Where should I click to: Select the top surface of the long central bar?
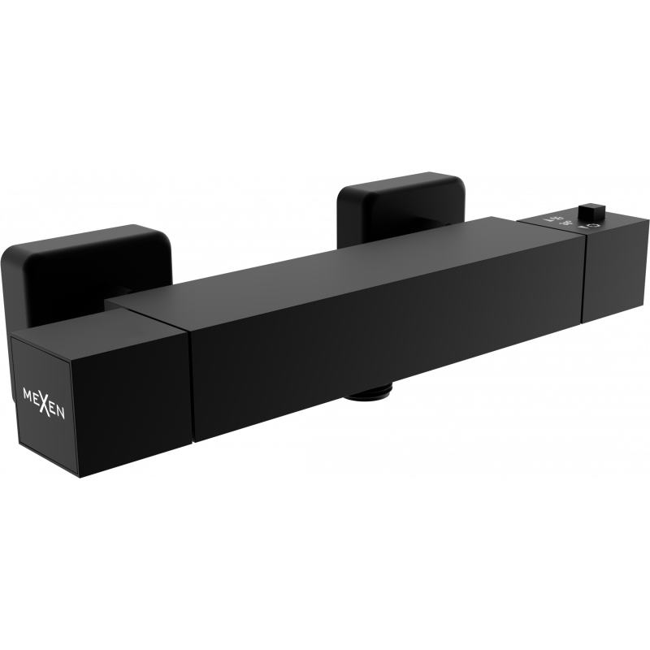341,256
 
